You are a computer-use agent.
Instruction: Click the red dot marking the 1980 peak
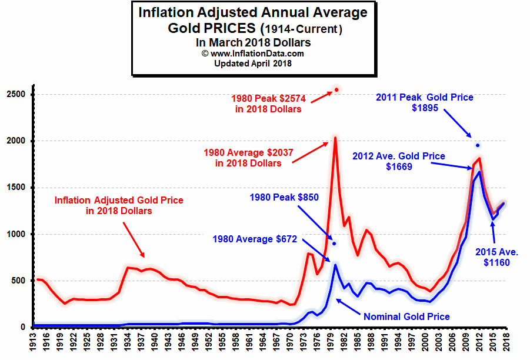click(x=336, y=89)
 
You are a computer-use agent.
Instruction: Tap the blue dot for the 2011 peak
click(x=478, y=145)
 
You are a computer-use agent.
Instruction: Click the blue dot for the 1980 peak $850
click(x=334, y=243)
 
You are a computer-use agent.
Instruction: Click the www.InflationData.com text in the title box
click(x=253, y=54)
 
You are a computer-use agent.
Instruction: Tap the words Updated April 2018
click(x=253, y=64)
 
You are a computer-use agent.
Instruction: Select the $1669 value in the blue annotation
click(x=398, y=167)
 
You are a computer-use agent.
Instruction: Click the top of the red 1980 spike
click(x=335, y=138)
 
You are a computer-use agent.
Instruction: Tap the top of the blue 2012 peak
click(x=479, y=172)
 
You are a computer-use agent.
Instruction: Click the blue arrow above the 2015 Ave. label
click(x=492, y=232)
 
